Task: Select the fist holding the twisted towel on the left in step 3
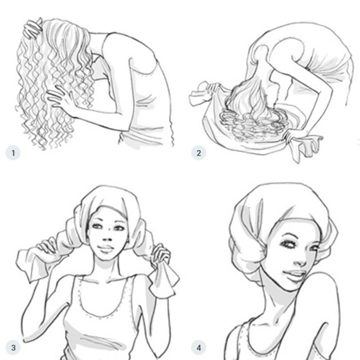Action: tap(48, 248)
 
